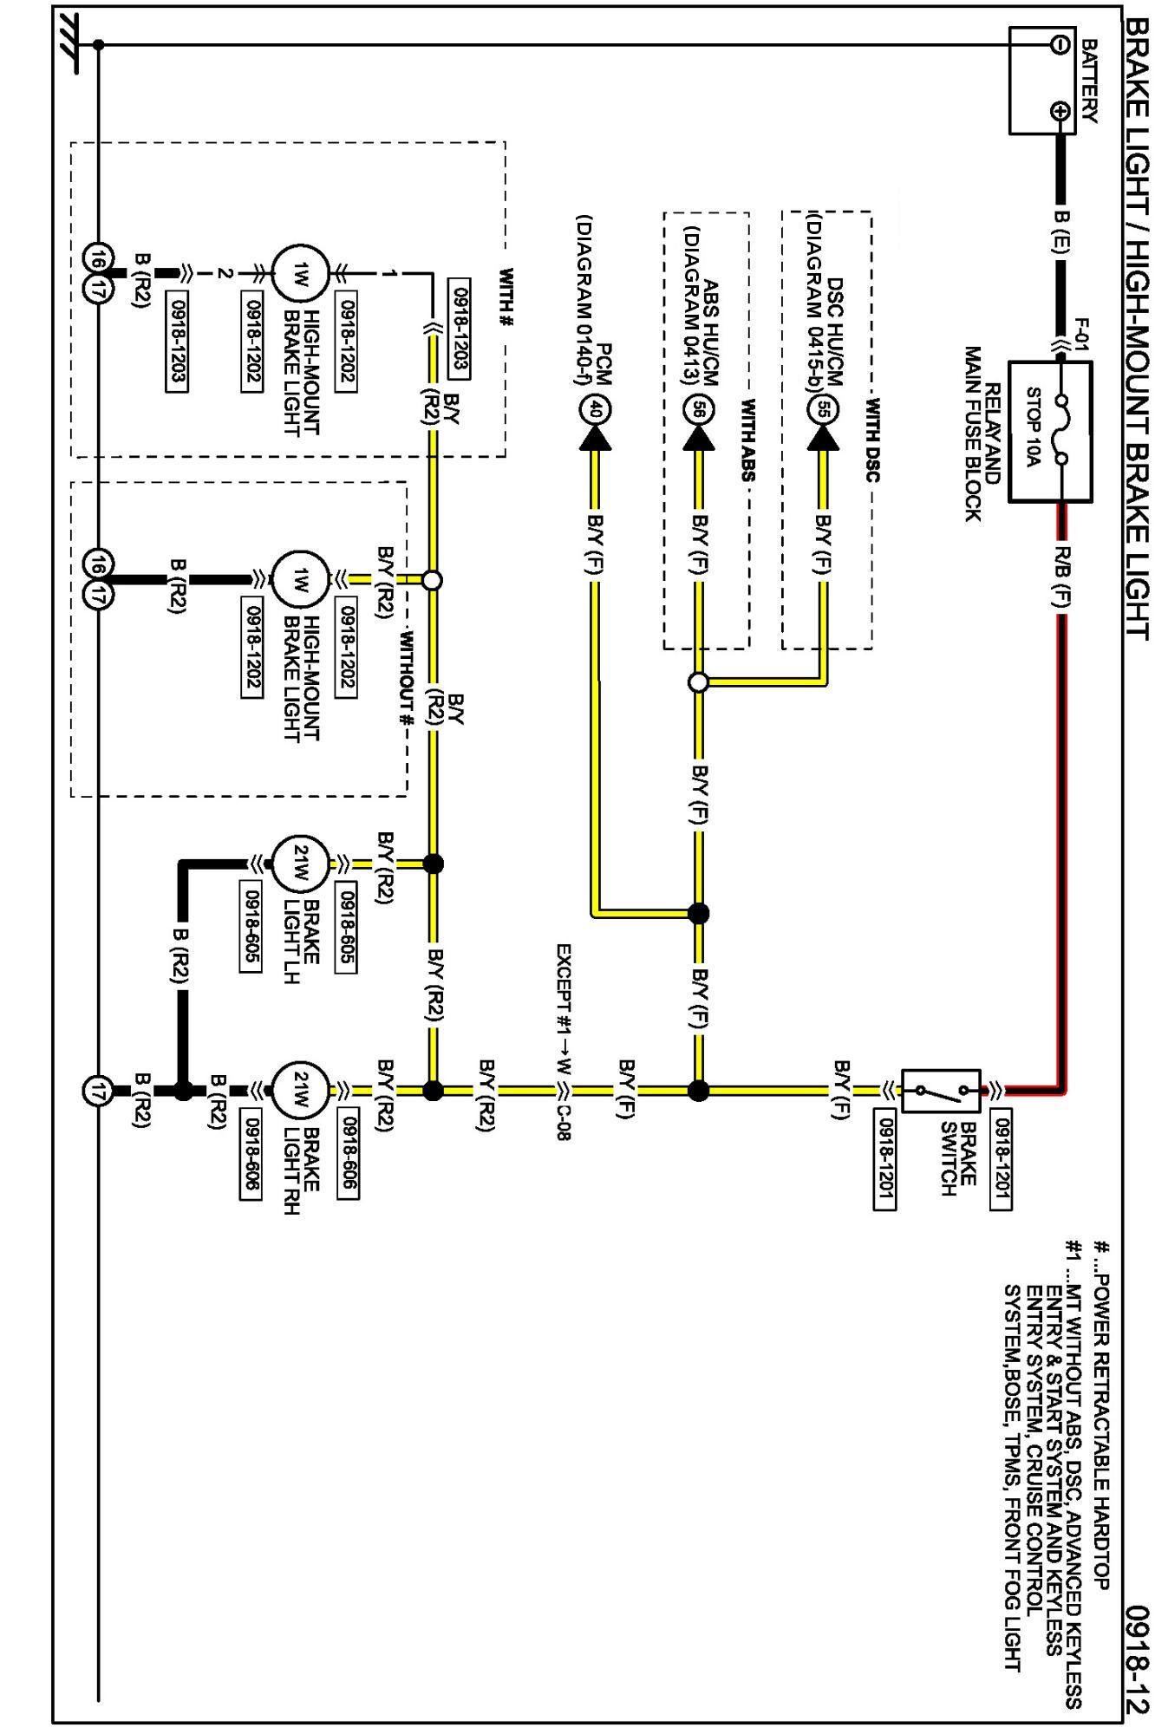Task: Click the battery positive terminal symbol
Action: coord(1060,110)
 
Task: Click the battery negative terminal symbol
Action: coord(1060,45)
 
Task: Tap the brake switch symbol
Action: coord(942,1091)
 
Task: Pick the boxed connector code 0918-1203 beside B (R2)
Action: coord(177,342)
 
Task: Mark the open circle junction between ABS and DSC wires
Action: coord(699,682)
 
